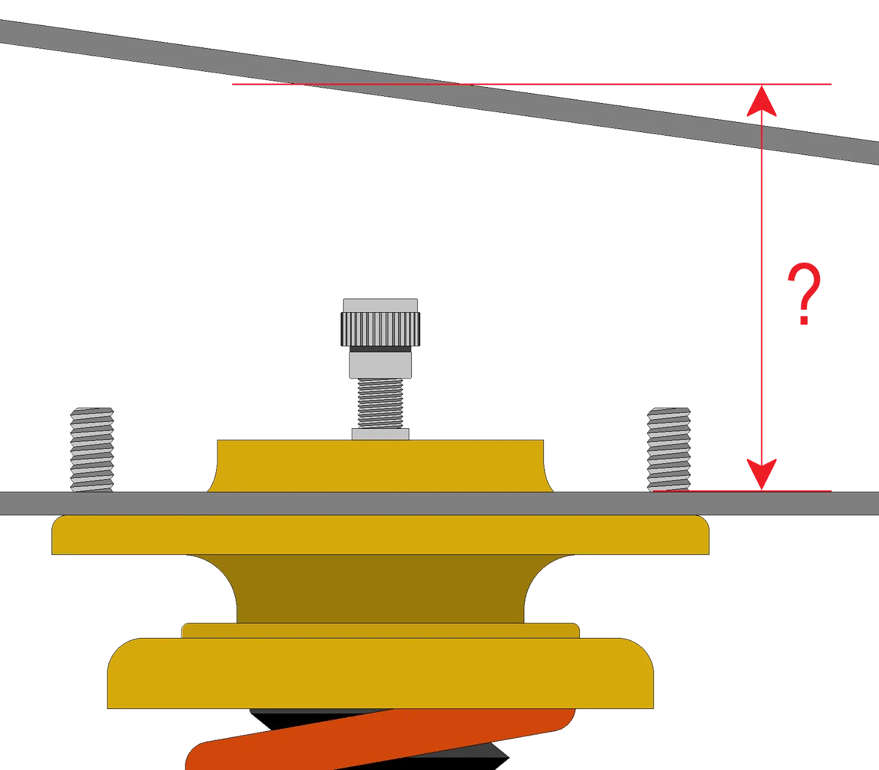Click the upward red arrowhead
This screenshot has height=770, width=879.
[761, 101]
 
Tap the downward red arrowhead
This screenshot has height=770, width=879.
[761, 474]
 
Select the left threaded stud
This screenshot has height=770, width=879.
[92, 450]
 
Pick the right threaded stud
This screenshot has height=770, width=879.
[669, 450]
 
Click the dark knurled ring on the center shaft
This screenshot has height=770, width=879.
[380, 329]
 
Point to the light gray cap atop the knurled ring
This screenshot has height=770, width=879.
[380, 306]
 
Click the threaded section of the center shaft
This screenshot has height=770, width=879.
[380, 403]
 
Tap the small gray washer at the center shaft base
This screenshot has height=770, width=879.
[380, 434]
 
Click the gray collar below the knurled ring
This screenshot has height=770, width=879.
[380, 365]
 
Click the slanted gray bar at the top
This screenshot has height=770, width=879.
[439, 92]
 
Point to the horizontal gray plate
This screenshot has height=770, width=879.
[439, 503]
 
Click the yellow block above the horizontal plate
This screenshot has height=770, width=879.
[380, 466]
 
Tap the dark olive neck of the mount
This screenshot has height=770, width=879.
[380, 589]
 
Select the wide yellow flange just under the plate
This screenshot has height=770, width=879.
[380, 535]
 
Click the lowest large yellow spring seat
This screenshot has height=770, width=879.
[380, 673]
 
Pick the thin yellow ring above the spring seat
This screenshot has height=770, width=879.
[380, 631]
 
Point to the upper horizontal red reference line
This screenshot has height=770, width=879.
[531, 84]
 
